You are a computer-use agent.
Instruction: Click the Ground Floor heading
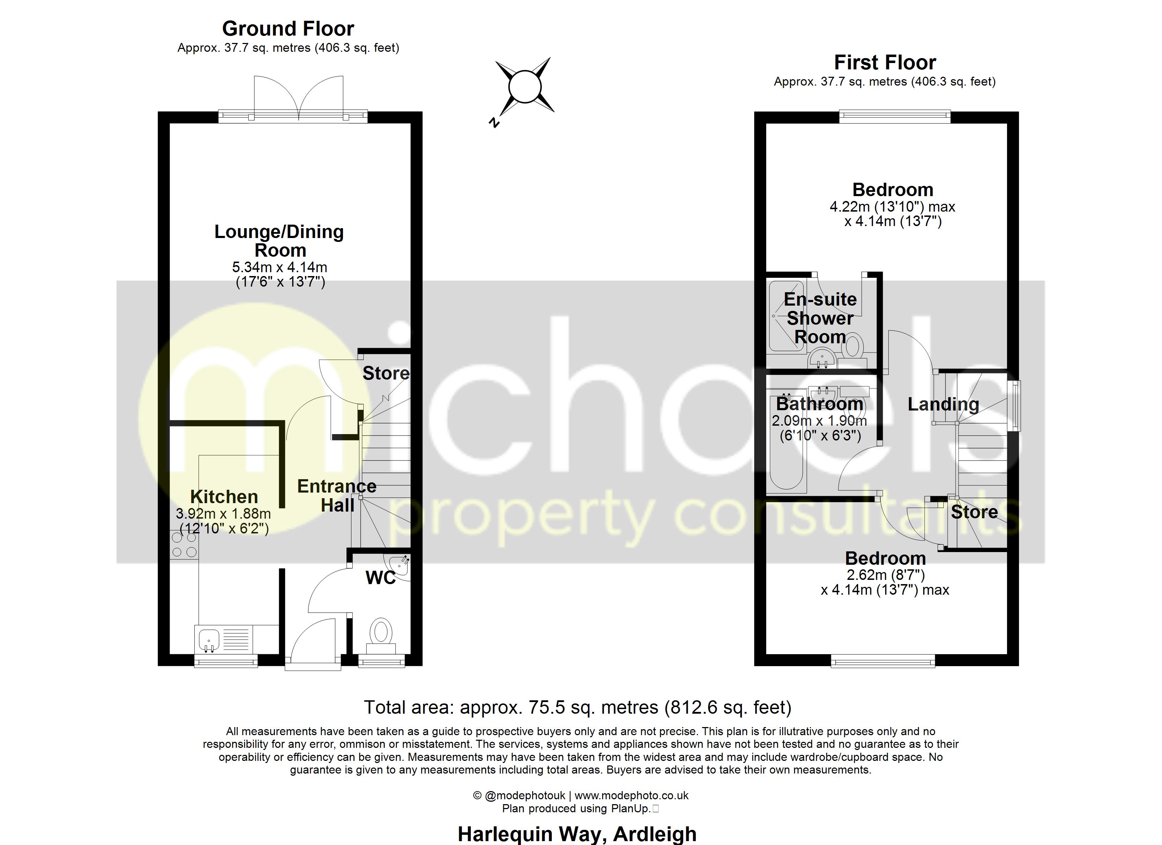coord(288,29)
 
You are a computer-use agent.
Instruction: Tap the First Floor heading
coord(885,63)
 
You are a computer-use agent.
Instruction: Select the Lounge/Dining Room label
coord(279,241)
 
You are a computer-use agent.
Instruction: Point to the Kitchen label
coord(224,496)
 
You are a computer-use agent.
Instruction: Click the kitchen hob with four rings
coord(184,545)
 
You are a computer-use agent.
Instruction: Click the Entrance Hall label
coord(337,495)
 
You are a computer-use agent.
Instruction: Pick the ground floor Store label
coord(386,373)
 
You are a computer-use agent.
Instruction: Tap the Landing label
coord(943,404)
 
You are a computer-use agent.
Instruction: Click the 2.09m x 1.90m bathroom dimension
coord(819,421)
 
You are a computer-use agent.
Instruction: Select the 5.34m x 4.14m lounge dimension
coord(280,267)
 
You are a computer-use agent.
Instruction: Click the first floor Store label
coord(974,512)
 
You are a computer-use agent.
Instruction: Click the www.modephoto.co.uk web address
coord(631,795)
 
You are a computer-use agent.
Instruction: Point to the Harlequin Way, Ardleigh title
coord(577,834)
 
